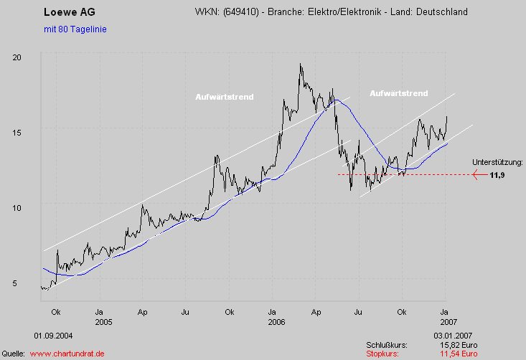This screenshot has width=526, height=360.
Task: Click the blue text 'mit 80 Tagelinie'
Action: pos(75,29)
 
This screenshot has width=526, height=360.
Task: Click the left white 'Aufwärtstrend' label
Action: pos(224,97)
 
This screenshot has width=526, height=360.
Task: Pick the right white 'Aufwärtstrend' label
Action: pos(399,93)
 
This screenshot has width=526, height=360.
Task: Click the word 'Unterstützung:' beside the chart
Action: pos(498,163)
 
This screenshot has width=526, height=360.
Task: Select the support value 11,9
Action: pos(497,174)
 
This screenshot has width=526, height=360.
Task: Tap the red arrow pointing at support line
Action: pos(478,174)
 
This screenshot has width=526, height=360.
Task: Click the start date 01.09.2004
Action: pos(52,336)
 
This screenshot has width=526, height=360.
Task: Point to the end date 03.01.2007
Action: pos(453,336)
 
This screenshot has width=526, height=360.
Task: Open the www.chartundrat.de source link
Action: pos(67,354)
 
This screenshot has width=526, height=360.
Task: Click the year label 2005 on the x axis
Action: pos(103,322)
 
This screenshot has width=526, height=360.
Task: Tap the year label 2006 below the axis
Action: pos(276,322)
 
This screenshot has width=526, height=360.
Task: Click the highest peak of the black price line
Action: pos(301,65)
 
